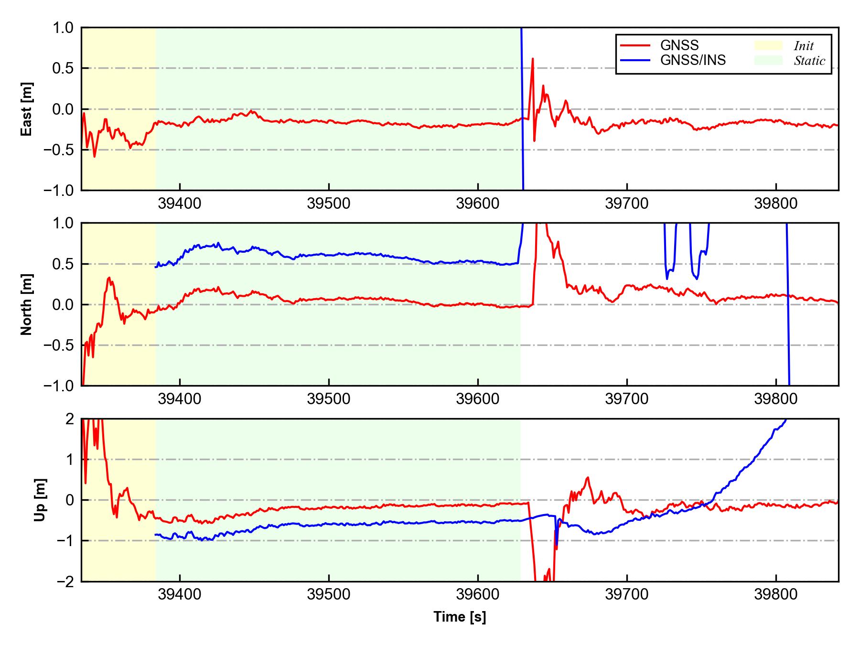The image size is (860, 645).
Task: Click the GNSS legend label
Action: pos(679,45)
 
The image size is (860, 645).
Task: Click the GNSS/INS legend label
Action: pos(693,60)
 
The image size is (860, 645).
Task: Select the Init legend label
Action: pos(804,46)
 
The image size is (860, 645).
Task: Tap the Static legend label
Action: pos(809,61)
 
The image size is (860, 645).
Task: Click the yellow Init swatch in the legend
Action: pos(768,45)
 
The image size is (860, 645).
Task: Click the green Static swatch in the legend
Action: pos(768,60)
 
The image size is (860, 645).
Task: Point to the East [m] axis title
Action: pos(27,109)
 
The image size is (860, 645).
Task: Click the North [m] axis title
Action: pos(27,304)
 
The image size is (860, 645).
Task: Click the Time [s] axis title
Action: pos(460,617)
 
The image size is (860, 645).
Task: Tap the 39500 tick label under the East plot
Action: pos(329,204)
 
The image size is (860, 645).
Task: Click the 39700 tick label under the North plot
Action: pos(626,399)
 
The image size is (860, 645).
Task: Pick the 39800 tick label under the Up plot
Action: pos(775,594)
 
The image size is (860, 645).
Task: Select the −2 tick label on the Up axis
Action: pos(64,581)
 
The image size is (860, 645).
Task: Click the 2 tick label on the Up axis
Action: pos(70,419)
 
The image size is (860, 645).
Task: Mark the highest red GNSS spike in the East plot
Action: pos(532,59)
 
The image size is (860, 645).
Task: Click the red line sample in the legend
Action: pos(635,45)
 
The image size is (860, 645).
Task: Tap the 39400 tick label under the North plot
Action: pos(180,399)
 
